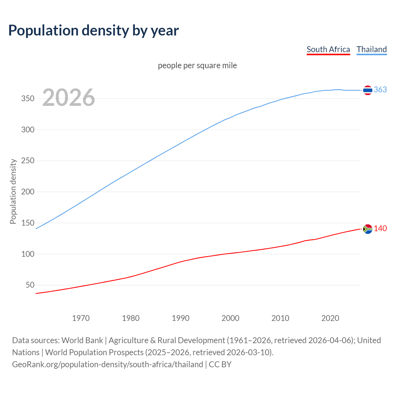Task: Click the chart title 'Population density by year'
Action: tap(94, 31)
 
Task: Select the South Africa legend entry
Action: tap(328, 49)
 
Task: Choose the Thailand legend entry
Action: tap(372, 49)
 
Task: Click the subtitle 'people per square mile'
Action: tap(197, 66)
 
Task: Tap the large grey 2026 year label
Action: tap(69, 98)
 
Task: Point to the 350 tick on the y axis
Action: tap(27, 99)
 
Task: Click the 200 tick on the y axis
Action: tap(27, 192)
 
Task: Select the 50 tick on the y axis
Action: tap(30, 285)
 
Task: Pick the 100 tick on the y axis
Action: tap(27, 254)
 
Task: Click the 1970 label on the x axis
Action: tap(81, 318)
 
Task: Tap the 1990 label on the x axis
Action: tap(181, 318)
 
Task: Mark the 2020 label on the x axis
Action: tap(330, 318)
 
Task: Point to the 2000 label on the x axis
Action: tap(231, 318)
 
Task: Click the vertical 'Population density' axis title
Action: tap(13, 191)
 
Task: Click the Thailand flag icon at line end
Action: tap(368, 90)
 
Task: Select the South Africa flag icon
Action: tap(368, 229)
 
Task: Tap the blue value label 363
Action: tap(380, 90)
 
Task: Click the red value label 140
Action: tap(380, 229)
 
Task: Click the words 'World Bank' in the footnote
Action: tap(82, 340)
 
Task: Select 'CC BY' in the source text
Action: tap(220, 364)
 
